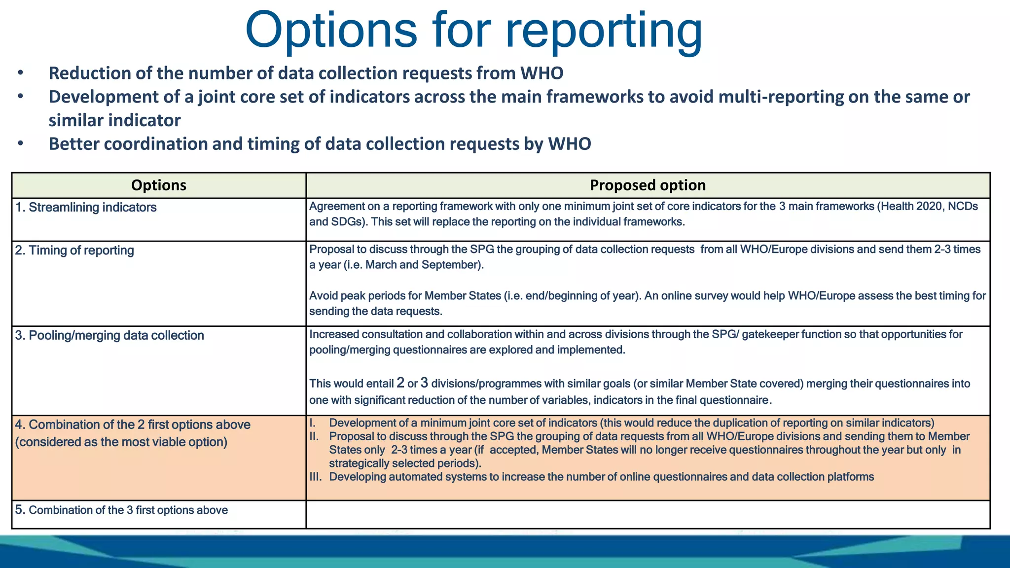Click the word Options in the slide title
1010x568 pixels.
330,31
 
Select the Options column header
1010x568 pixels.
158,185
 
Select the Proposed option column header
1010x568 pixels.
648,185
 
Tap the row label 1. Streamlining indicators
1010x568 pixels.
86,207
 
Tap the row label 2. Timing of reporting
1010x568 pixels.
74,250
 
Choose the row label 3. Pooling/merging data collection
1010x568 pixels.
109,335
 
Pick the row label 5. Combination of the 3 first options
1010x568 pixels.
121,510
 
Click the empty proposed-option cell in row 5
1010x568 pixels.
648,514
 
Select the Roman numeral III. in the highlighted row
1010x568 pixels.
316,477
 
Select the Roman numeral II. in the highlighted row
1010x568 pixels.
314,436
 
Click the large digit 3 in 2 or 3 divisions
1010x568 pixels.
424,383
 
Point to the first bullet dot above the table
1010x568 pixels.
20,73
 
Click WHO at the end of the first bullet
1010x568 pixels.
541,73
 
